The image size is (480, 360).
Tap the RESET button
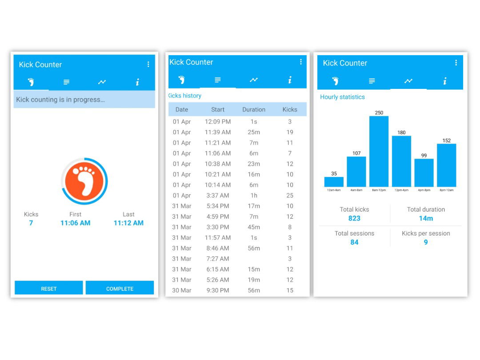coord(49,288)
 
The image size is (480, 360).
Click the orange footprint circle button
coord(84,181)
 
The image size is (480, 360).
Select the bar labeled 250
coord(379,151)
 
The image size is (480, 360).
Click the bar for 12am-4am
coord(334,182)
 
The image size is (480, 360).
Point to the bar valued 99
coord(424,172)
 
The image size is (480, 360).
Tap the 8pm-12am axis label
coord(446,190)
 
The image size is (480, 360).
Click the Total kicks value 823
coord(354,218)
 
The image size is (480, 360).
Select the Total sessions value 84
coord(354,242)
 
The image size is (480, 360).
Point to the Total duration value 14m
coord(426,218)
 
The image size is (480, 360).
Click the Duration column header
coord(254,109)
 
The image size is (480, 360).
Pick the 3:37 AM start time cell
coord(218,196)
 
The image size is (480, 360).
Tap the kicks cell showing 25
coord(290,196)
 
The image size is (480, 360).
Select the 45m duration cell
coord(254,227)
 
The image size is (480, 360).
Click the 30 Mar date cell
coord(182,290)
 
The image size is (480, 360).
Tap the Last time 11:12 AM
coord(128,223)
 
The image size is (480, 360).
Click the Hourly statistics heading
coord(342,97)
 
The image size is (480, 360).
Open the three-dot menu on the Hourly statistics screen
coord(456,63)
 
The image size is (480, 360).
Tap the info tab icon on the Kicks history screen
coord(290,80)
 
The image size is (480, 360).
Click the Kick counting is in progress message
coord(60,100)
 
